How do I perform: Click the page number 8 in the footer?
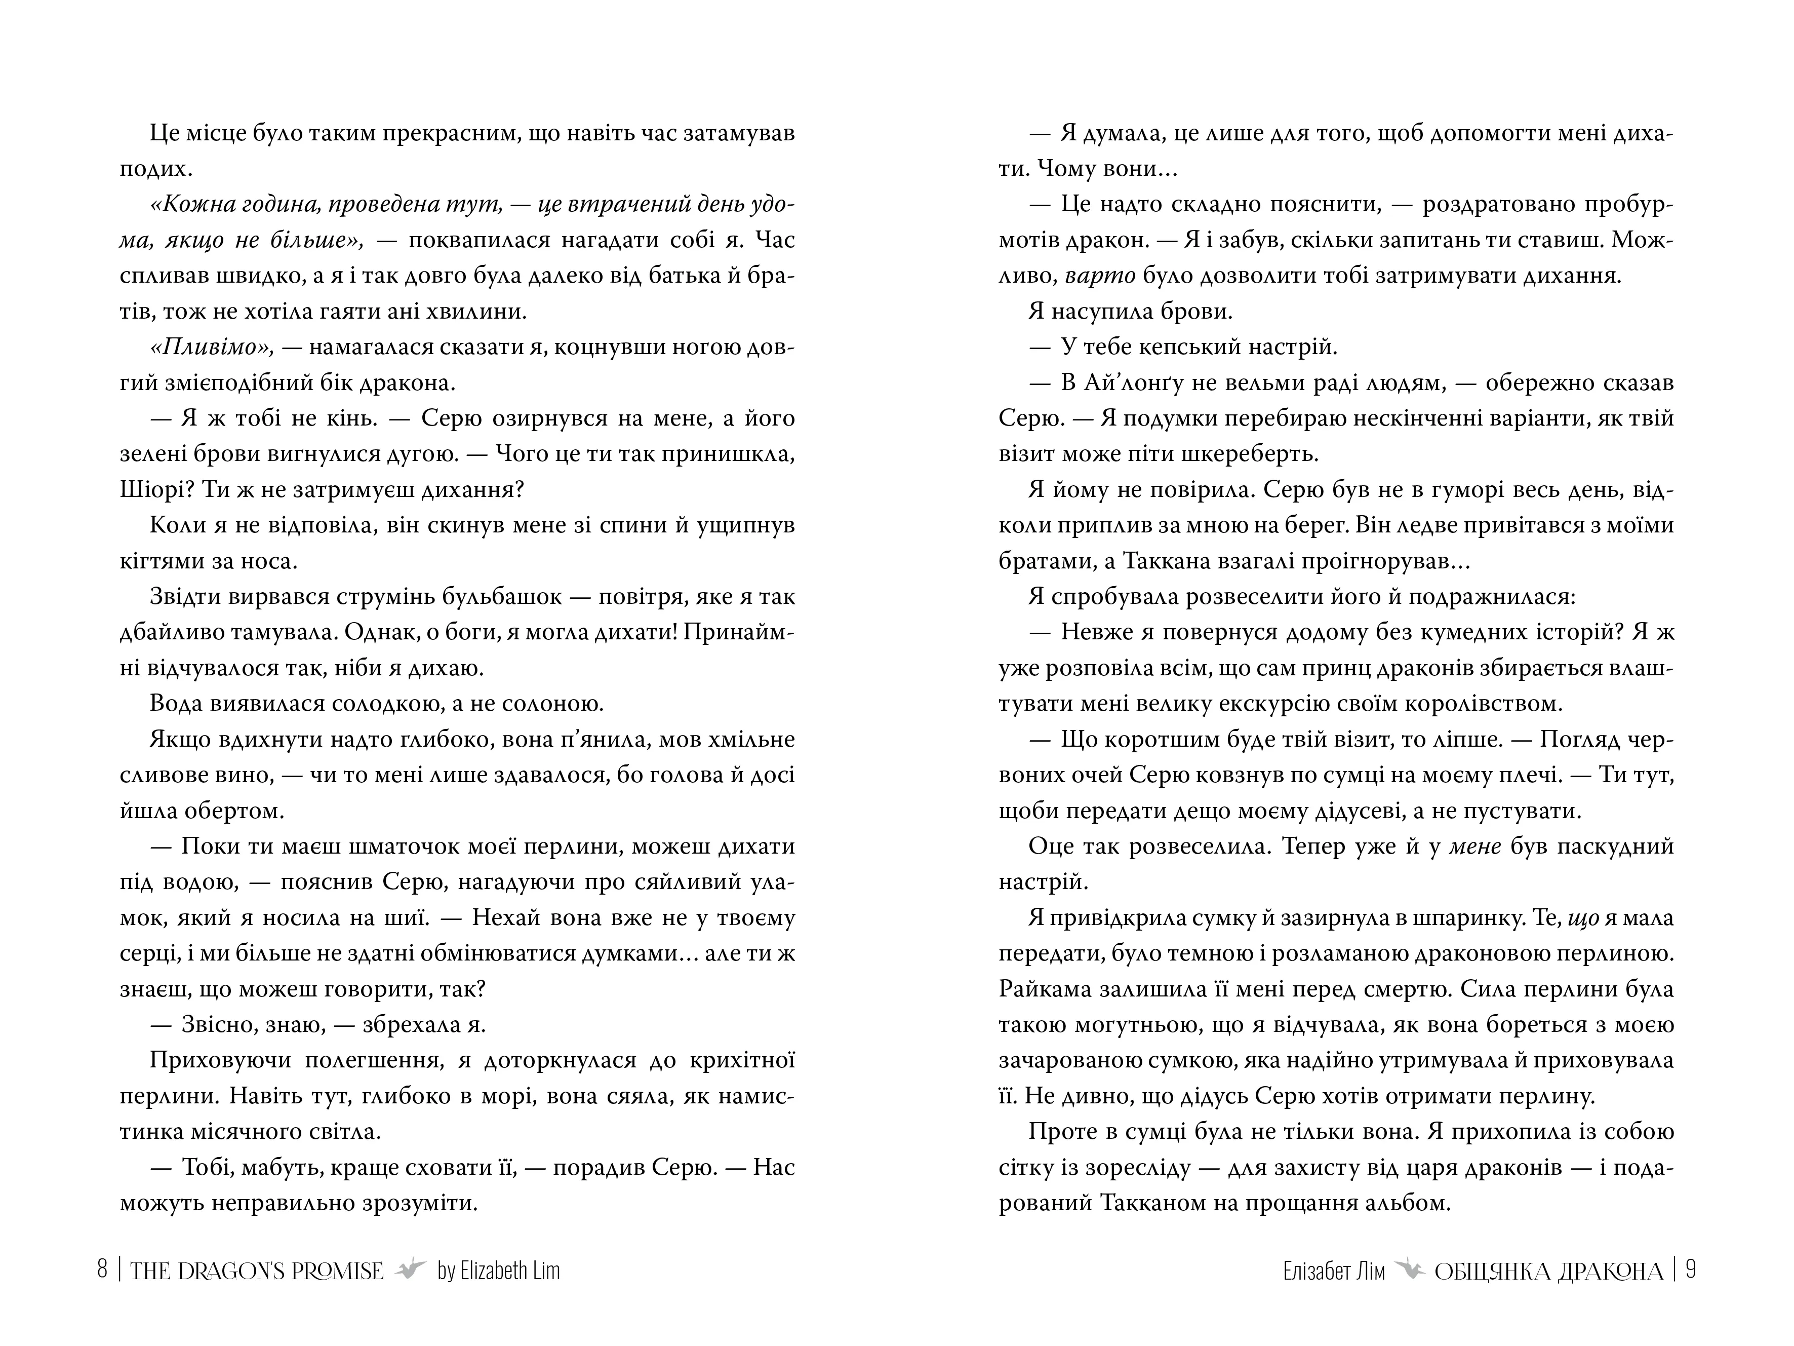click(x=102, y=1270)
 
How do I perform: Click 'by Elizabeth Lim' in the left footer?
click(x=498, y=1271)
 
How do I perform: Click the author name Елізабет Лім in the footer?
click(x=1334, y=1271)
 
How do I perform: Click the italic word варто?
click(x=1100, y=276)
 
